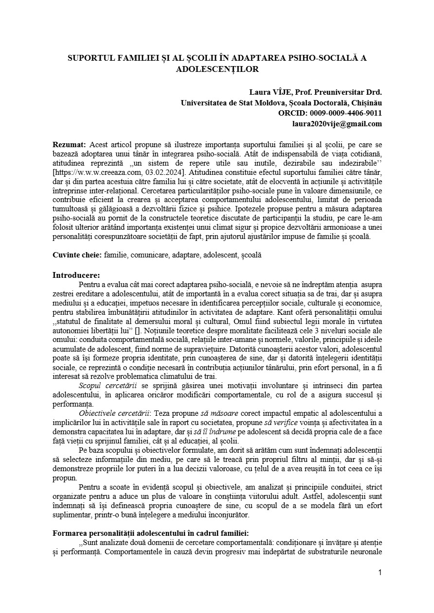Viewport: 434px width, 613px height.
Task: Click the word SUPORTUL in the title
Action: click(x=88, y=58)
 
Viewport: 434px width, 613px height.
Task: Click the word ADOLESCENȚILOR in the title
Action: click(x=217, y=69)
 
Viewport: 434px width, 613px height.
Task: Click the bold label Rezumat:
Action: click(x=69, y=144)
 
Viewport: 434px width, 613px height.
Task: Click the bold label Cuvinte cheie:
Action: click(x=77, y=255)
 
